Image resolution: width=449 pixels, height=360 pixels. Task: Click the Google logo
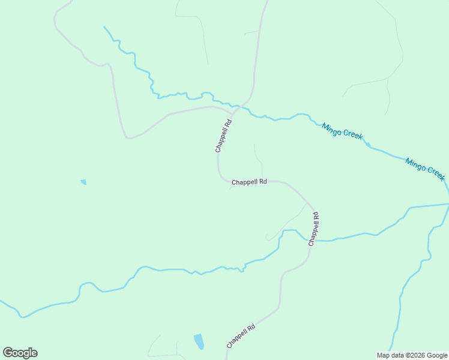20,353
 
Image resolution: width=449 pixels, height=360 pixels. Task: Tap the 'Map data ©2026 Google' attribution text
412,355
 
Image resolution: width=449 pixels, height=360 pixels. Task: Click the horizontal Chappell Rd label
249,181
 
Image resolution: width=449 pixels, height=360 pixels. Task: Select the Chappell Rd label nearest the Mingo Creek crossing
223,136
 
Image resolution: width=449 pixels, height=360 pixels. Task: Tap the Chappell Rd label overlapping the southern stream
313,229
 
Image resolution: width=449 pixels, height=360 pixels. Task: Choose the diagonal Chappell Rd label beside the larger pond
241,336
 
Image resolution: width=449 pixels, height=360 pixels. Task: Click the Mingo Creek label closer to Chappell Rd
342,131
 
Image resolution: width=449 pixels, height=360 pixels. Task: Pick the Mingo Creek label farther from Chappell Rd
425,169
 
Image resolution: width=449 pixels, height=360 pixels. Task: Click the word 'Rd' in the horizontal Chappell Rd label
262,181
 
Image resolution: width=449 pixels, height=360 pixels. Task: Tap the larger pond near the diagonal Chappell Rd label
199,341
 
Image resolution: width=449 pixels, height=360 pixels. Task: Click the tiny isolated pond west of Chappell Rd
83,182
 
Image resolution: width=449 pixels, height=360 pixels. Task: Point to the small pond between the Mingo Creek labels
367,144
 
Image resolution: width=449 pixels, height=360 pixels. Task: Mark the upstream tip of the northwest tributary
104,26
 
